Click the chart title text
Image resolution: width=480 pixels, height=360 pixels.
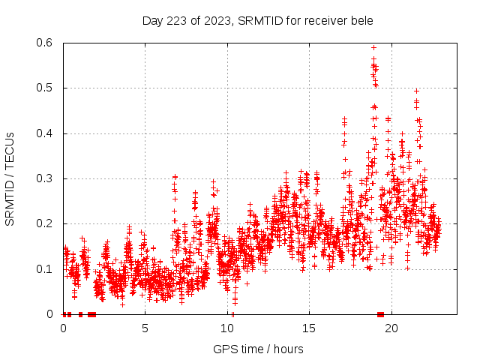click(257, 20)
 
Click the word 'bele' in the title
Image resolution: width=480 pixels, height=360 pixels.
click(362, 20)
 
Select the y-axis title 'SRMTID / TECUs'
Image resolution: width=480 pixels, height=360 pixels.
click(10, 178)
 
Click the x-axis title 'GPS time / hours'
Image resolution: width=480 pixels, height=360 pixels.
click(257, 349)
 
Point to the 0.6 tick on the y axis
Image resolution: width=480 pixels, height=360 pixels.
click(47, 43)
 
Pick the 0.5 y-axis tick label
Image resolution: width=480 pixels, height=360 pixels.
click(47, 88)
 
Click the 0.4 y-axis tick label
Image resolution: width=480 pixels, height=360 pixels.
click(47, 133)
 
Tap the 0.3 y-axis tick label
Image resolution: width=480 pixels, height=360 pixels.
click(47, 178)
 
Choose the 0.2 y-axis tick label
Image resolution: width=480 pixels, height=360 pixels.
click(47, 223)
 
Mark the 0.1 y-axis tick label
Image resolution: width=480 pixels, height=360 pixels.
click(47, 269)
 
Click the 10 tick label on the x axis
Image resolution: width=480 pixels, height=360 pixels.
click(226, 328)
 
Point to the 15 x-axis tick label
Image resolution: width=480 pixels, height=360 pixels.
click(309, 328)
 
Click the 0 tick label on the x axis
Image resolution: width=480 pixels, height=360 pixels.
click(63, 328)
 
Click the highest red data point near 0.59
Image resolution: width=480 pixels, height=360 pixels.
click(373, 47)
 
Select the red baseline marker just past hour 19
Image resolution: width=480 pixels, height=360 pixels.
click(380, 314)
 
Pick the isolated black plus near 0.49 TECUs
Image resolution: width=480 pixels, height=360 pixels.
click(416, 91)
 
